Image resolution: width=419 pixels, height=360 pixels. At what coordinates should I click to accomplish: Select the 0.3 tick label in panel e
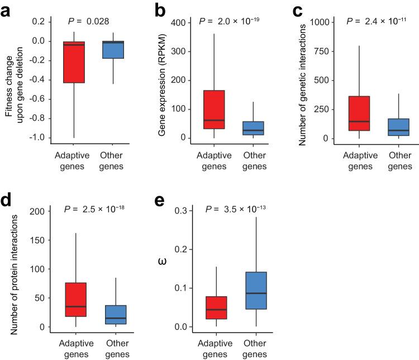coord(181,210)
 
